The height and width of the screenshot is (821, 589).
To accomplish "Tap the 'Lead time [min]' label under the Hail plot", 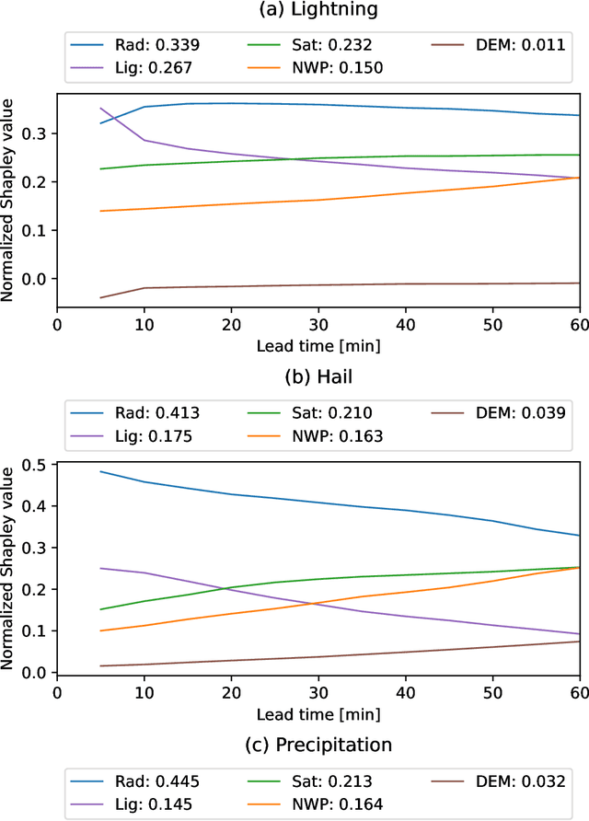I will pyautogui.click(x=318, y=713).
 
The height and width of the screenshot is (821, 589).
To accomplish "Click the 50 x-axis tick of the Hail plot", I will pyautogui.click(x=492, y=691).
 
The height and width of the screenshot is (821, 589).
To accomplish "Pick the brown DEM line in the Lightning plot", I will pyautogui.click(x=318, y=285).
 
